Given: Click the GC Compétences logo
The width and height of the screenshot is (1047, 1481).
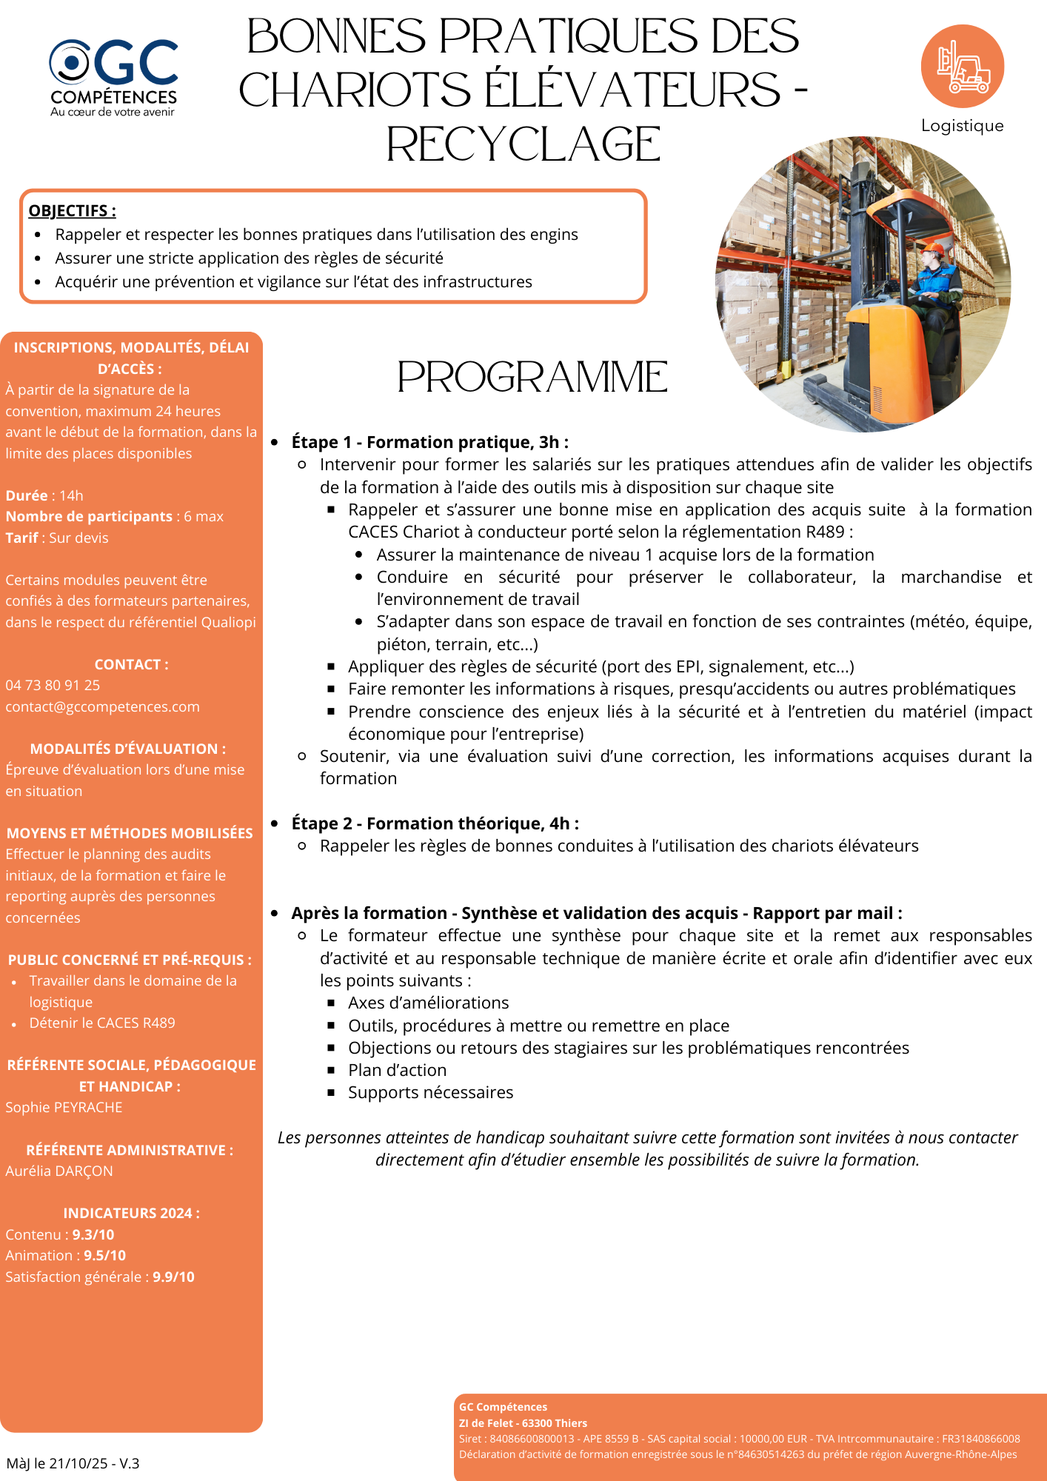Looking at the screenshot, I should coord(113,77).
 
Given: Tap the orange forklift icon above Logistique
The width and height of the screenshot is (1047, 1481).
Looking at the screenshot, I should coord(962,67).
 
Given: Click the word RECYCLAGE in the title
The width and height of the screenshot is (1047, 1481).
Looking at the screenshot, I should coord(523,144).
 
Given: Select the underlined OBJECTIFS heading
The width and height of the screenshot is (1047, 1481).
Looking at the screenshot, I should coord(72,211).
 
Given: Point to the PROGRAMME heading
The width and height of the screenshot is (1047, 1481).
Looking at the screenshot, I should coord(532,377).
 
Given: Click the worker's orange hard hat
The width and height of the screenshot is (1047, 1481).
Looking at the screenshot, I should coord(933,248).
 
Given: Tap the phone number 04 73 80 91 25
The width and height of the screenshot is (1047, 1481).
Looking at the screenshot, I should coord(53,685).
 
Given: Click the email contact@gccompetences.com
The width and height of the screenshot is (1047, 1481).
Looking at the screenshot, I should coord(102,706).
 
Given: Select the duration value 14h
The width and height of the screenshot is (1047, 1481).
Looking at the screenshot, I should coord(71,495).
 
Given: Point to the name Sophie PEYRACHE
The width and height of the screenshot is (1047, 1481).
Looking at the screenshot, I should coord(64,1107).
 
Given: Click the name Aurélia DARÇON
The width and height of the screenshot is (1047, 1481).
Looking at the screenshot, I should coord(59,1171).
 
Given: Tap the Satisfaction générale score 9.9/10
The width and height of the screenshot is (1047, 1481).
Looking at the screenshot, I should coord(173,1277).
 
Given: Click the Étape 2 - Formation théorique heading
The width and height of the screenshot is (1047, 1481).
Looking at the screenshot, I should coord(435,823).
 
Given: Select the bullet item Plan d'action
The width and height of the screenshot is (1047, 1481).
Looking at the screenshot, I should coord(398,1070).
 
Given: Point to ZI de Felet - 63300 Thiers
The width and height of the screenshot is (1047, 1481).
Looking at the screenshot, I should coord(523,1423).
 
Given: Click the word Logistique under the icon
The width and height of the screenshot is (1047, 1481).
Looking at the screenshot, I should coord(962,126).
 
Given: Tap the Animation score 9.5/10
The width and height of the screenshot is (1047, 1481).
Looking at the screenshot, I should coord(104,1255).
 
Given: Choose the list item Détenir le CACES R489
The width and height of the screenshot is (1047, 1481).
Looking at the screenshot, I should coord(102,1023).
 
